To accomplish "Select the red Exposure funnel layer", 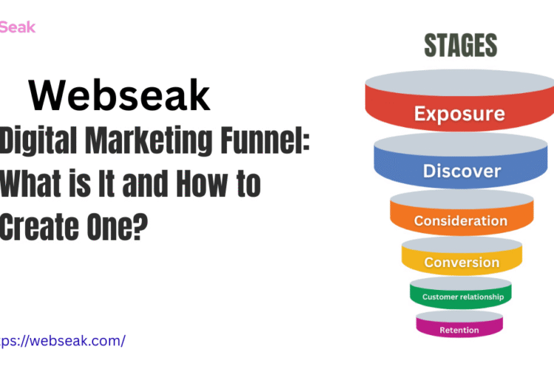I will (x=459, y=114).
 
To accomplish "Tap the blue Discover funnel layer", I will (x=461, y=170).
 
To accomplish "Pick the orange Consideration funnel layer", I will (x=461, y=221).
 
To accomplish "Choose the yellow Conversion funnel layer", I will (x=462, y=262).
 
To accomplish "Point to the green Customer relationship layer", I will (x=462, y=297).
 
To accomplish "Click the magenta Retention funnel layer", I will (x=459, y=329).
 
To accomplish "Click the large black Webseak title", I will (x=120, y=96).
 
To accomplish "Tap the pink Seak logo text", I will (x=17, y=27).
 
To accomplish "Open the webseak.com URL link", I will (x=64, y=340).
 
